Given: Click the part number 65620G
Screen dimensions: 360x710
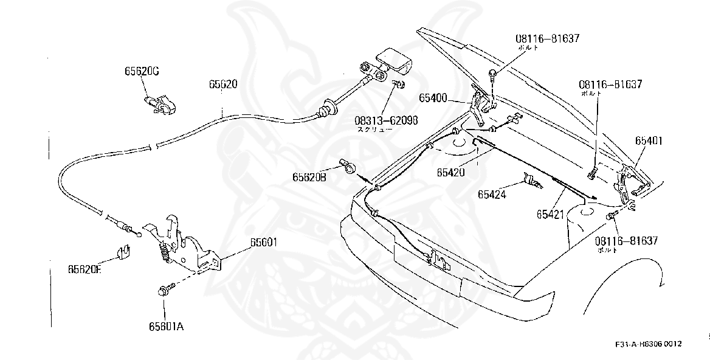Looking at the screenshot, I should coord(142,71).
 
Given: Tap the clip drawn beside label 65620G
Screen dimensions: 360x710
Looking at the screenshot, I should coord(159,103).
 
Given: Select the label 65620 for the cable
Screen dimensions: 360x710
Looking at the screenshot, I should coord(223,84).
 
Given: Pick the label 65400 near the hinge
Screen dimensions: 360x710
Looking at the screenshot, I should coord(433,97).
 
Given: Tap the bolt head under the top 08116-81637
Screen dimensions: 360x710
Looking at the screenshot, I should coord(493,75).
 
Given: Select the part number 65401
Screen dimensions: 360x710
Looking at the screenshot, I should coord(650,140).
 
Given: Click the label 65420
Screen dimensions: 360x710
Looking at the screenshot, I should coord(450,172).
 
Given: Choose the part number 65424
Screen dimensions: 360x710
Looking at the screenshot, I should coord(493,195).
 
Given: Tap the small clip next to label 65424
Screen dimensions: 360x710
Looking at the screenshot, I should coord(531,181).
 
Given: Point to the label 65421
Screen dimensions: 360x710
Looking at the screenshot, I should coord(551,213).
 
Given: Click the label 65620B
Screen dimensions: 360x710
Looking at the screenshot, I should coord(309,178).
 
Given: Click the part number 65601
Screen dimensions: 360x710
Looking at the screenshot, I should coord(263,241).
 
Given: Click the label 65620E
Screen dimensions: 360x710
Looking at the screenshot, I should coord(84,269).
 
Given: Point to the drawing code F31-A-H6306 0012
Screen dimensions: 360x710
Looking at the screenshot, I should coord(648,344).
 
